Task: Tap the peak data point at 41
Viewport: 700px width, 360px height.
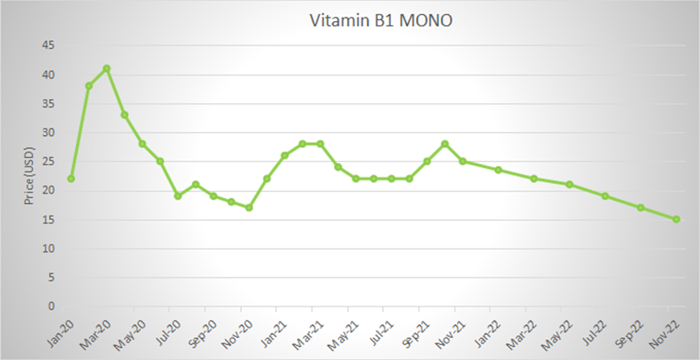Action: click(107, 68)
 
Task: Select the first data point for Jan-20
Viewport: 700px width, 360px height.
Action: click(71, 179)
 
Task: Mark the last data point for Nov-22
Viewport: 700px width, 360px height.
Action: click(676, 219)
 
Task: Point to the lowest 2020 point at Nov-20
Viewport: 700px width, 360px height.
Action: click(249, 208)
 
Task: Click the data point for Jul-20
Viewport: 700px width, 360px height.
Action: click(178, 196)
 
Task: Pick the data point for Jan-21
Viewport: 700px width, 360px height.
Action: click(285, 156)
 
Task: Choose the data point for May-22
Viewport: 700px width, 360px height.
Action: click(569, 184)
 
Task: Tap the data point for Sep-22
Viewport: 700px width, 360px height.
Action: click(640, 208)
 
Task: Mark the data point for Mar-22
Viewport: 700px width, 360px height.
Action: click(534, 179)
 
